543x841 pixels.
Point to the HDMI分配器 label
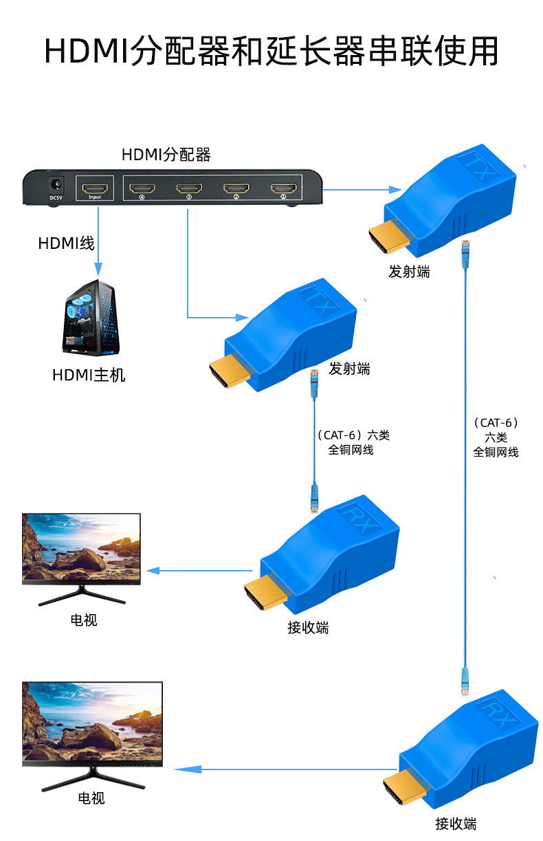pos(166,155)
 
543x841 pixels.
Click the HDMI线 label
pos(66,243)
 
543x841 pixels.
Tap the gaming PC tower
pos(90,318)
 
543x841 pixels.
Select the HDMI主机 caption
pos(89,375)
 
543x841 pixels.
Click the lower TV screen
pos(92,722)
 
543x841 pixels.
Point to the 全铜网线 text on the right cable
pos(496,452)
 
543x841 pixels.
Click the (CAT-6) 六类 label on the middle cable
pos(353,435)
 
